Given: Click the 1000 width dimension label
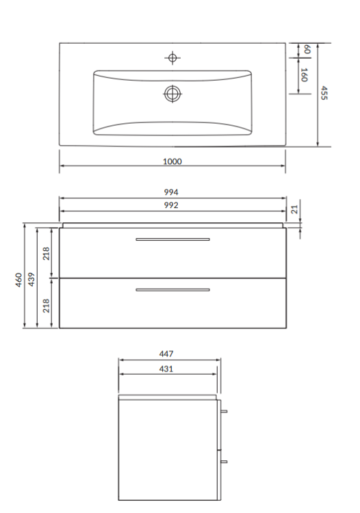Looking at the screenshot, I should [x=172, y=161].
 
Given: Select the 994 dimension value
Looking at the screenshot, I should [x=172, y=192].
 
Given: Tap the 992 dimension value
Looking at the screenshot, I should [x=172, y=205].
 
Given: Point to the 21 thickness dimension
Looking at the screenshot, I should [x=296, y=210].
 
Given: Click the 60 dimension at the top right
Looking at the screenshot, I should [x=307, y=49].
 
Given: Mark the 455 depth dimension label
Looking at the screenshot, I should [x=324, y=93].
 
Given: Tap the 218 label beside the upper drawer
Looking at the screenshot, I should [x=47, y=253].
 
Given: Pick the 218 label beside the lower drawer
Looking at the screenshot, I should [x=47, y=304].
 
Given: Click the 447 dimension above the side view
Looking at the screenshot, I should [x=166, y=354].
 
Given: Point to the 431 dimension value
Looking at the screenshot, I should [x=166, y=369].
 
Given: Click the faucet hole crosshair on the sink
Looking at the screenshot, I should [x=172, y=57].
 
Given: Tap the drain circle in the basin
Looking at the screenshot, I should [x=172, y=93].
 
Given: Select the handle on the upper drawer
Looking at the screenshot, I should [x=172, y=239].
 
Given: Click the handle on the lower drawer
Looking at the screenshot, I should [x=172, y=290].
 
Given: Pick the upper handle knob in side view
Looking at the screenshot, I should [x=224, y=412].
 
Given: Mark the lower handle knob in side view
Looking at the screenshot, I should [x=224, y=462].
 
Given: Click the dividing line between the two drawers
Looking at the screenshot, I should [x=172, y=278].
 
